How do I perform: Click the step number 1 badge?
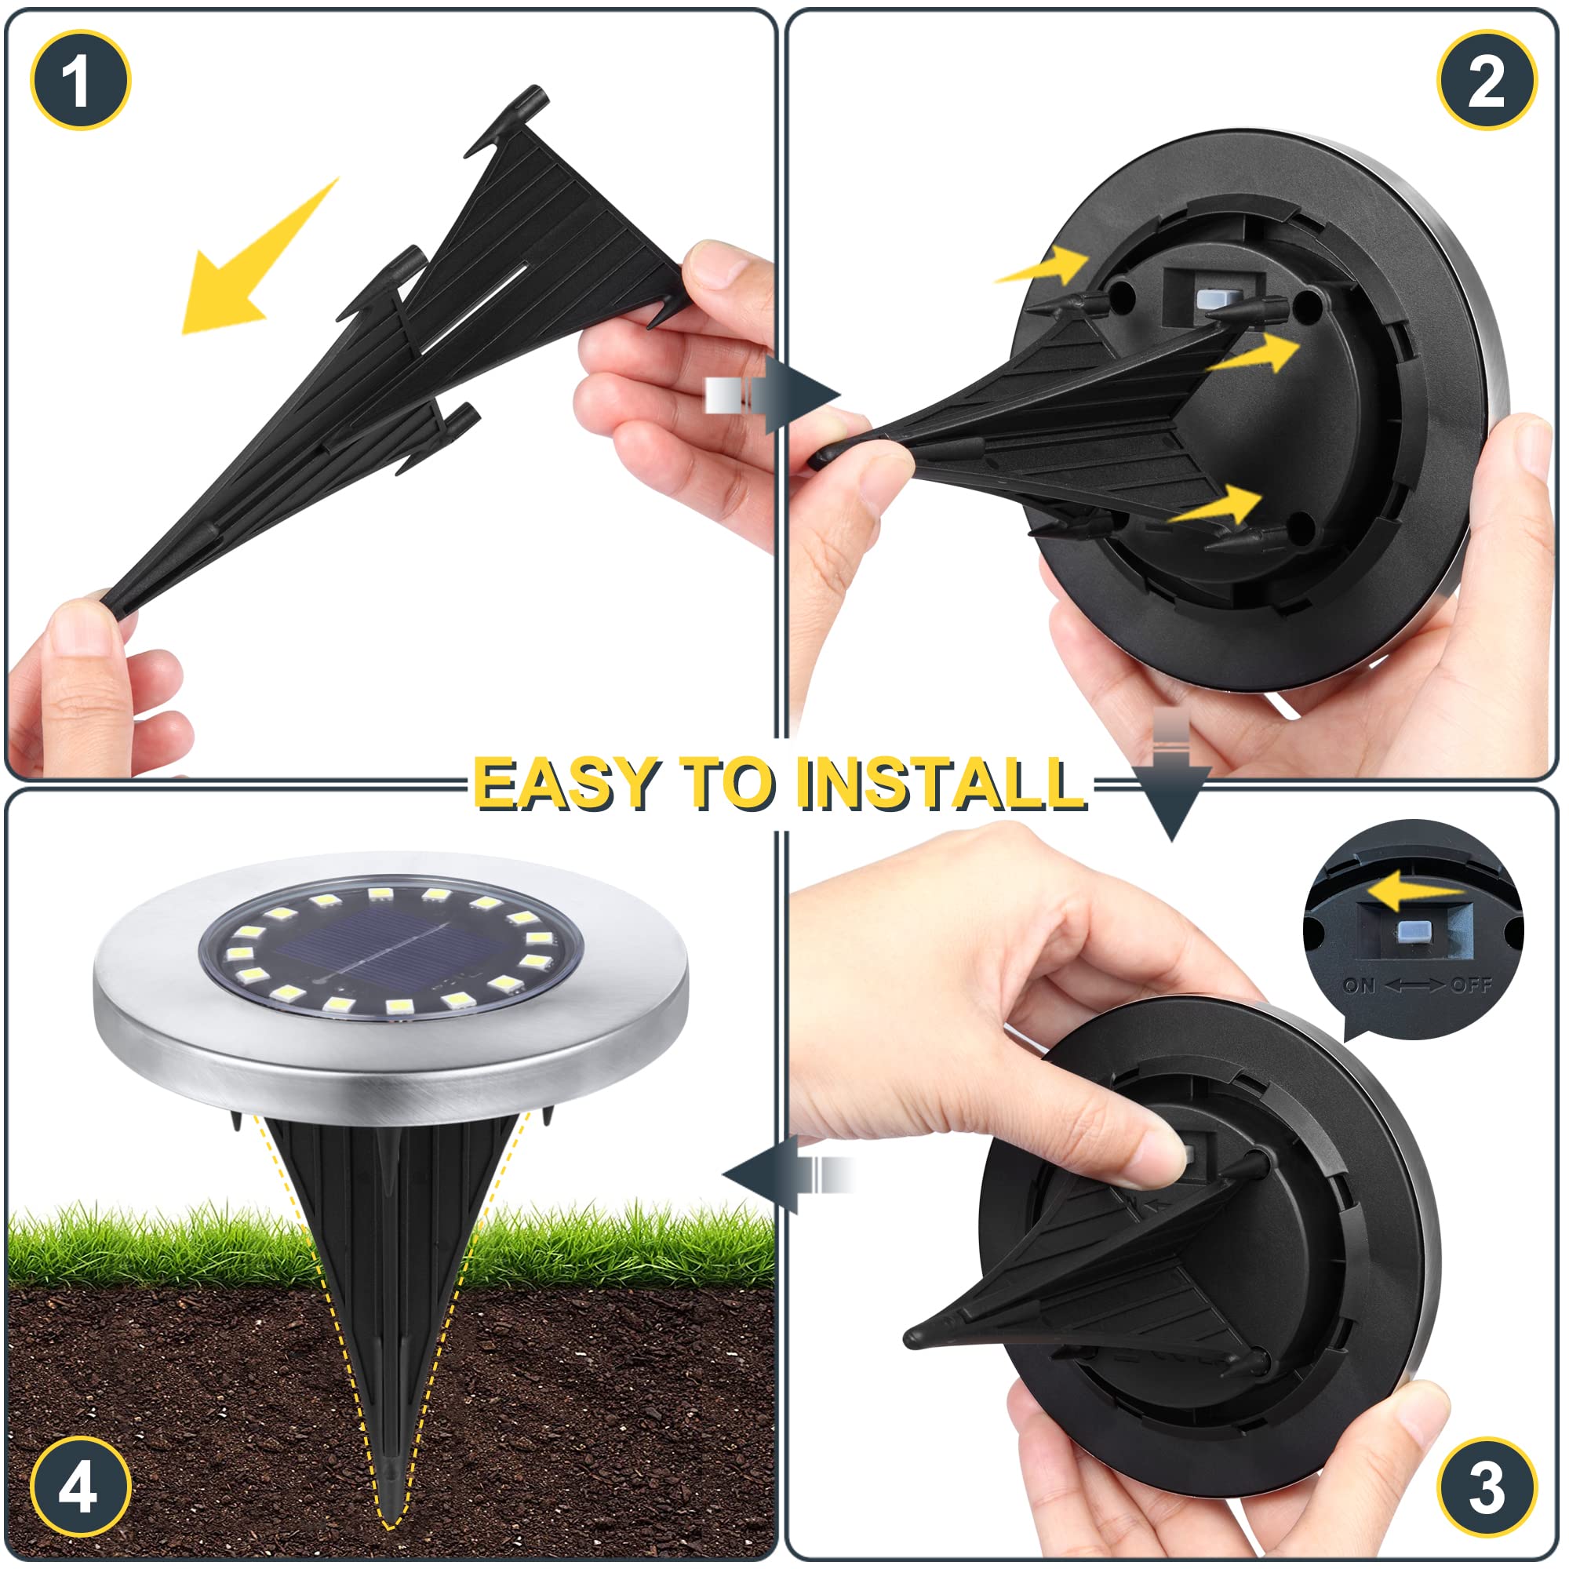(79, 80)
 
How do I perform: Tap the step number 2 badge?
(1486, 80)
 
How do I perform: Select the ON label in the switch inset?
(1359, 986)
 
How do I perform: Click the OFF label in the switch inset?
(1471, 986)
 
